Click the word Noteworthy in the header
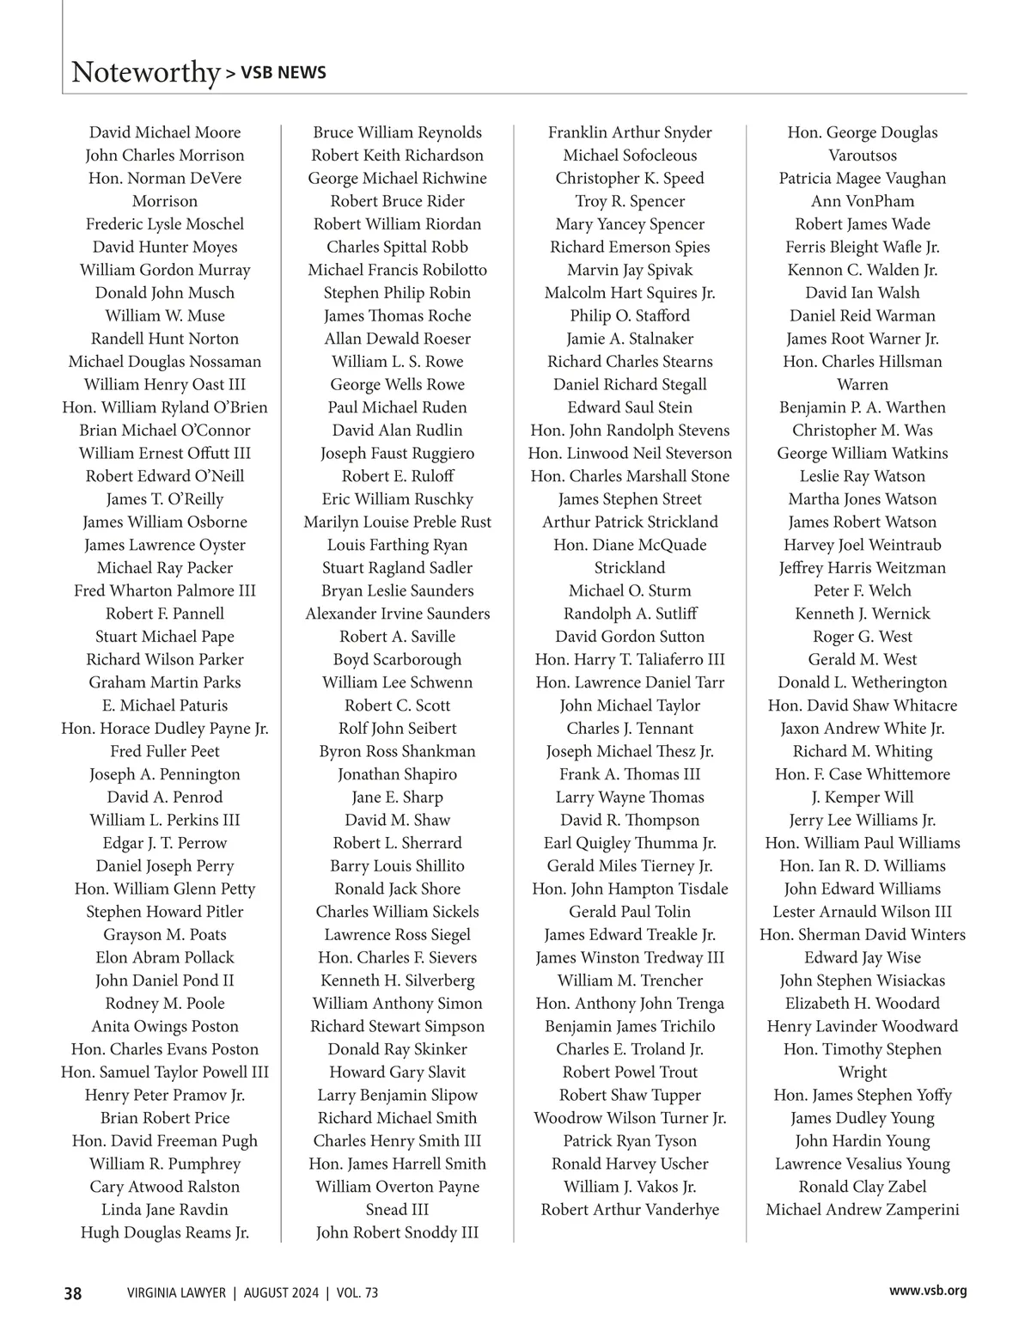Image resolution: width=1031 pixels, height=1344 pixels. [x=145, y=72]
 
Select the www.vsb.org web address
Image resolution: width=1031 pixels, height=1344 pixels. [x=928, y=1290]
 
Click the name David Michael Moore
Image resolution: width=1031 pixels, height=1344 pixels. [x=165, y=132]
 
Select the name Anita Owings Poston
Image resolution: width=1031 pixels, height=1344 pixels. [x=165, y=1026]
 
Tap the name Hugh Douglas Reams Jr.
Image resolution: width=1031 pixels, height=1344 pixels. [x=165, y=1232]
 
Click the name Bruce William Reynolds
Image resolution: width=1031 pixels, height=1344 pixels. [x=397, y=132]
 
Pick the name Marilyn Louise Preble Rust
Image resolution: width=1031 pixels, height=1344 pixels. [x=397, y=522]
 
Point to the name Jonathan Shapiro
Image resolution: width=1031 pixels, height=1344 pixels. [x=397, y=774]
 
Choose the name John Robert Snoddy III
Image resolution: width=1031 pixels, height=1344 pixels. [x=397, y=1232]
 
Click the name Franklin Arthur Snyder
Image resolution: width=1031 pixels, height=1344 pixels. [x=630, y=132]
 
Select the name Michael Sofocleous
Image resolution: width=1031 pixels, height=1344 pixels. [x=630, y=156]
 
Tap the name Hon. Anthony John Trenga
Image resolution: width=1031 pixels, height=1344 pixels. [x=630, y=1003]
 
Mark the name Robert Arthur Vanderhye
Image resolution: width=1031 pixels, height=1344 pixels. [x=630, y=1209]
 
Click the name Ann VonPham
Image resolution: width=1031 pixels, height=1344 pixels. [x=863, y=201]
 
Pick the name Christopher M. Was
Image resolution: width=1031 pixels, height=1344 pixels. [x=863, y=431]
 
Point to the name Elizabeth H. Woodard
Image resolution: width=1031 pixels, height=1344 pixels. [x=863, y=1003]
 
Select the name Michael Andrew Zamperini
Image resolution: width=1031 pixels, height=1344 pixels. [x=863, y=1209]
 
